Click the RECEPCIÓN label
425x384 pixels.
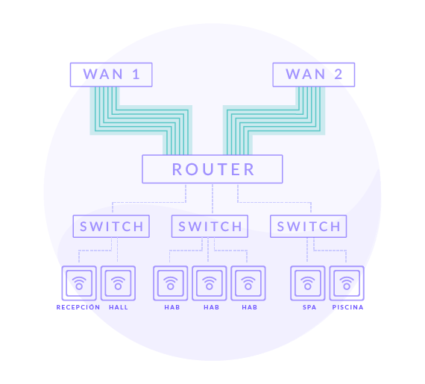[x=78, y=307]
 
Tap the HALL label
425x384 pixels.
[x=119, y=307]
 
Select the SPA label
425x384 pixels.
[x=309, y=307]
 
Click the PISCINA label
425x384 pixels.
[x=347, y=307]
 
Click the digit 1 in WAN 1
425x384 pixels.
[x=136, y=74]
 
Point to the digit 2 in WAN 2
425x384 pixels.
[x=338, y=74]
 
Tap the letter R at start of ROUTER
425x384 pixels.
[x=177, y=169]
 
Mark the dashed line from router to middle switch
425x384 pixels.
[x=212, y=199]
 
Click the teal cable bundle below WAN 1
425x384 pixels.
[x=141, y=120]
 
